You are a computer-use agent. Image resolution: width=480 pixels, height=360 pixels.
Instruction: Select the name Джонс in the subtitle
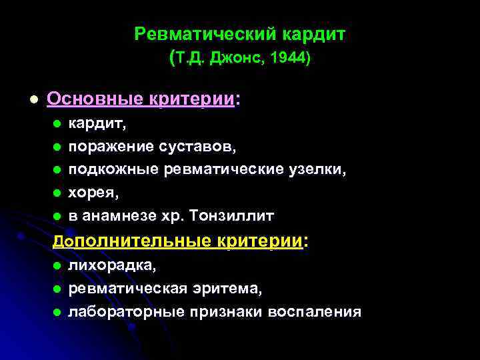click(232, 58)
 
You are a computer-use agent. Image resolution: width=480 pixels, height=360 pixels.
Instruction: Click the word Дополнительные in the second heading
click(132, 241)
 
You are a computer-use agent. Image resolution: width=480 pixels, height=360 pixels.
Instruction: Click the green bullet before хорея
click(57, 193)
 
